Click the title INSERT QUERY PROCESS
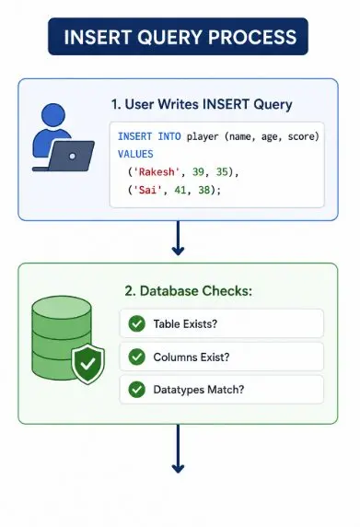180,37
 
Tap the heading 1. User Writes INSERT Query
202,104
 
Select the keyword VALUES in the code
135,154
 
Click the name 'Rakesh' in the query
157,172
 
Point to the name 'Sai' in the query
147,190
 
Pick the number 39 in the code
198,172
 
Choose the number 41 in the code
180,190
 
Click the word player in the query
203,136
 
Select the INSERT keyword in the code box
134,136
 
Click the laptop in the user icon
68,157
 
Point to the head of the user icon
53,115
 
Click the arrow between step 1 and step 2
178,238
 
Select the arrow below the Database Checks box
178,449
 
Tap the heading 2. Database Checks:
189,291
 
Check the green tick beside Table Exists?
136,323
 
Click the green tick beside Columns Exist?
136,357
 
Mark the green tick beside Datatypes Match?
136,390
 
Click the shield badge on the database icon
88,364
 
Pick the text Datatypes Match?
199,390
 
